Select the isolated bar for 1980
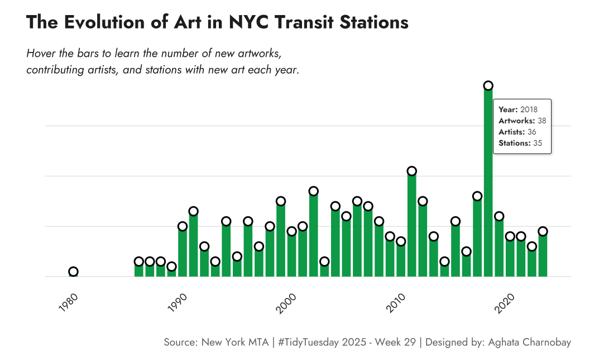tap(73, 274)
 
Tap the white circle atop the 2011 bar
tap(411, 171)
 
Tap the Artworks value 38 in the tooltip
tap(542, 121)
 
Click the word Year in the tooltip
tap(507, 109)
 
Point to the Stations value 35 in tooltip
tap(538, 143)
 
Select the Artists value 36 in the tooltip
tap(531, 132)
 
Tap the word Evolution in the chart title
tap(104, 22)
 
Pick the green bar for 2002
tap(313, 234)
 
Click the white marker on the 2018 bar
tap(488, 85)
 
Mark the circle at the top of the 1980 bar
tap(73, 272)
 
